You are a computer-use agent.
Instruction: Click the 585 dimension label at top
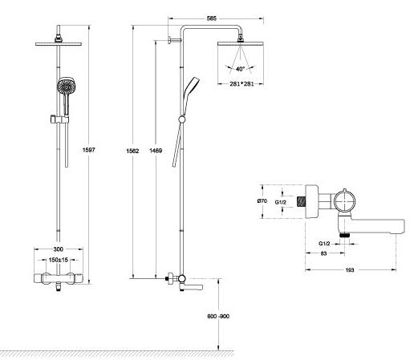[x=211, y=18]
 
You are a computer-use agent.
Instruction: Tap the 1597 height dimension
[x=88, y=150]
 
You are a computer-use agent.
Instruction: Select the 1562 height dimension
[x=132, y=151]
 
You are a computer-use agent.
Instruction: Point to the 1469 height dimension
[x=156, y=151]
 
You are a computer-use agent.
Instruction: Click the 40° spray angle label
[x=240, y=69]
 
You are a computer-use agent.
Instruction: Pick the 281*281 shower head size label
[x=241, y=84]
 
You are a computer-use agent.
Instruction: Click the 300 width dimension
[x=58, y=249]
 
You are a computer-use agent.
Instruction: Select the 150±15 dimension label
[x=59, y=260]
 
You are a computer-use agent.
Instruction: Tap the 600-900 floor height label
[x=218, y=316]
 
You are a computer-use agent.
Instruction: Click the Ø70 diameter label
[x=262, y=200]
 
